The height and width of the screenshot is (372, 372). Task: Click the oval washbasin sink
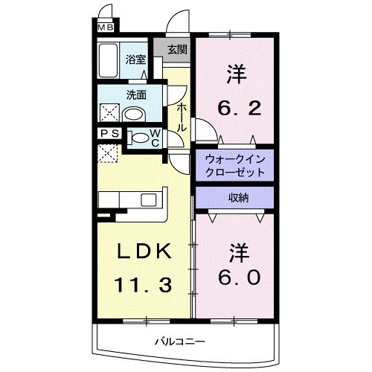point(135,115)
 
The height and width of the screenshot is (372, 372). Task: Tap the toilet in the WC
point(140,138)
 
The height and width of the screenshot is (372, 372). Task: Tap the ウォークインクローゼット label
point(234,164)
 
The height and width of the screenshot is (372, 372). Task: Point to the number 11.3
point(145,285)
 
